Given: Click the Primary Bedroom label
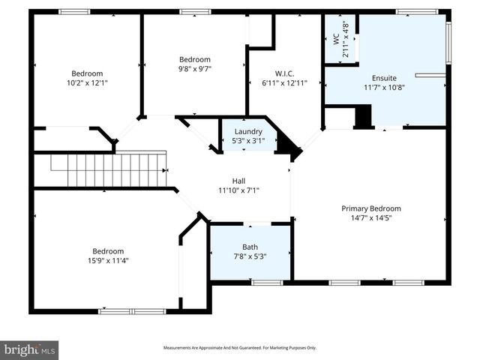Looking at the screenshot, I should (371, 208).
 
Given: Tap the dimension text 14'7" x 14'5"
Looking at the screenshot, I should (371, 218).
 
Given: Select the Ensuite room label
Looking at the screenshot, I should (384, 77).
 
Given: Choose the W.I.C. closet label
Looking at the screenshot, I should (284, 73).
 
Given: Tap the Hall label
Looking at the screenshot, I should (238, 181).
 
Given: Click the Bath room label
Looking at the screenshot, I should (250, 247).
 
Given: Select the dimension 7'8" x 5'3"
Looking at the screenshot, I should (250, 256).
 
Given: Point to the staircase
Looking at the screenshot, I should (109, 169).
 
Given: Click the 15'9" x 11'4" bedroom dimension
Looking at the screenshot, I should (108, 261).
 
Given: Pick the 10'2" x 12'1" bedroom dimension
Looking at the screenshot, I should (87, 82).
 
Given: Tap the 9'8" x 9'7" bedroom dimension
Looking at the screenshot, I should (194, 69).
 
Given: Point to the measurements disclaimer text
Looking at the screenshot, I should (240, 348).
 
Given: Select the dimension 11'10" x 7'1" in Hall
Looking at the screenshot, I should (238, 190).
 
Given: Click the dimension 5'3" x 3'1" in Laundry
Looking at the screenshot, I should (248, 140).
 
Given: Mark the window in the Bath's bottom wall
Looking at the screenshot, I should (261, 283).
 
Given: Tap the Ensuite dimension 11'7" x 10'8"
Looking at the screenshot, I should (384, 87).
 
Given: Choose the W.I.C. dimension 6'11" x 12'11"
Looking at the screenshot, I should (284, 83).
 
